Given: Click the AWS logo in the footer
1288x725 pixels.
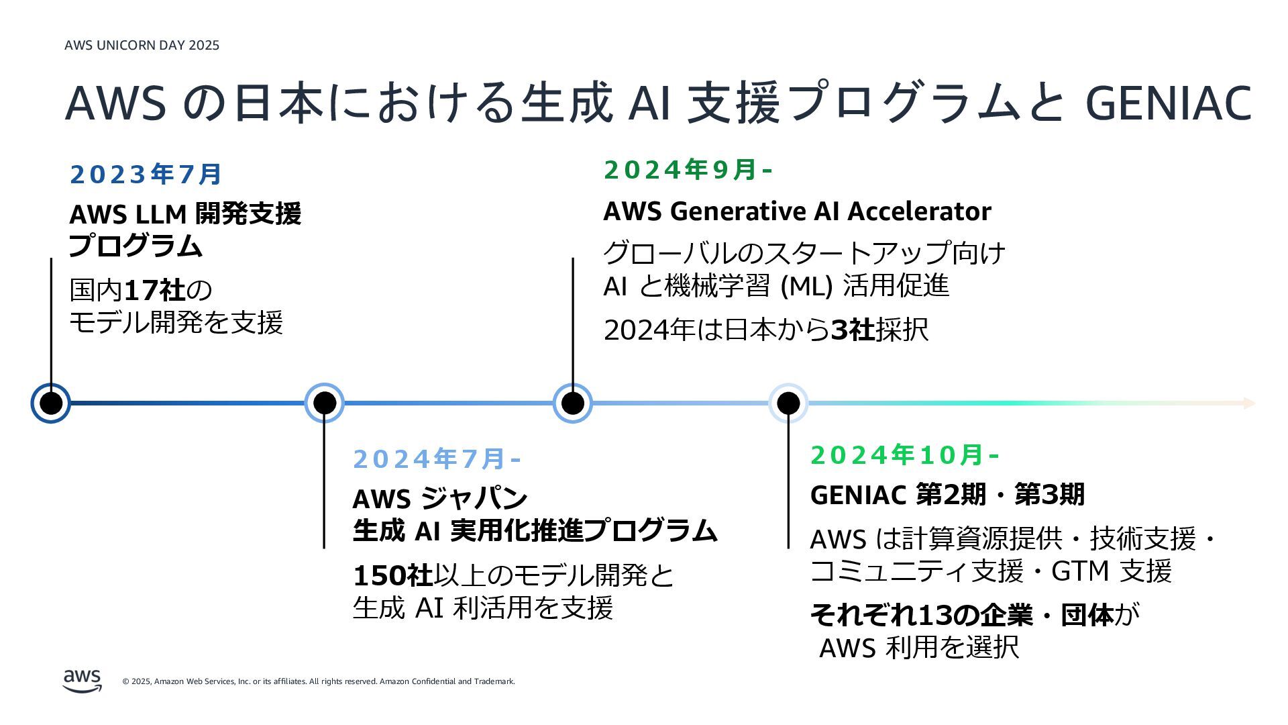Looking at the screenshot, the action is (83, 680).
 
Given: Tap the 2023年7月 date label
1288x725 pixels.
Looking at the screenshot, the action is (146, 175).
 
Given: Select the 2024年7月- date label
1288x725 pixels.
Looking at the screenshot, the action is (437, 459).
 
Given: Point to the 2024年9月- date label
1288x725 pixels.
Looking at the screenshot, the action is (688, 170).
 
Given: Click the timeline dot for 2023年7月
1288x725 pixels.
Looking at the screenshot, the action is (51, 403).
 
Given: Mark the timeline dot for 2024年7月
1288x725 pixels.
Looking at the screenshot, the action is (325, 403).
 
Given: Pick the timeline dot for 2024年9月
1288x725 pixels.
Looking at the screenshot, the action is (572, 403).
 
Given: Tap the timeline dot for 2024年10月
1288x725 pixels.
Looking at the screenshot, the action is (788, 403).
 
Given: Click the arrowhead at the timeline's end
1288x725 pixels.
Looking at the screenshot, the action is (1249, 403).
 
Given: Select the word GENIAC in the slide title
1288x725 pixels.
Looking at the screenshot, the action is (1168, 103).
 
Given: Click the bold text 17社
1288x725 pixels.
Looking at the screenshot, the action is (154, 291).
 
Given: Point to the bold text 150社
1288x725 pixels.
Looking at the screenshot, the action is (392, 575).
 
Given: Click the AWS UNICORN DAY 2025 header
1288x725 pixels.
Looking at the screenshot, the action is (142, 46).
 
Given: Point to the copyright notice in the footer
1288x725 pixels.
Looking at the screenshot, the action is (319, 681).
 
